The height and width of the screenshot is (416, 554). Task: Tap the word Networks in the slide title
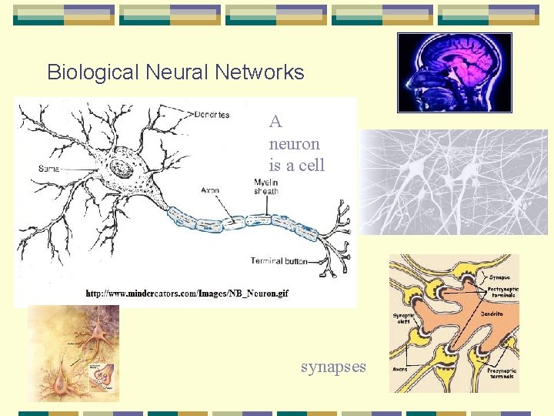point(259,72)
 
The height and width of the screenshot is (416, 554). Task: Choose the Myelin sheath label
point(267,186)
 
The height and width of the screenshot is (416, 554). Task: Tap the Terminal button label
point(279,261)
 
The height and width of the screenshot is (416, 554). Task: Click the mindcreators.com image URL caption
point(187,294)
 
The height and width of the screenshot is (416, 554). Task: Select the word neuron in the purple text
point(294,143)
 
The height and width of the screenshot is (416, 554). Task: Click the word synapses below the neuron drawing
point(333,367)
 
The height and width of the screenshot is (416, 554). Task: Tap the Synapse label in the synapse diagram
point(499,277)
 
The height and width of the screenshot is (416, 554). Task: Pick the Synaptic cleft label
point(404,317)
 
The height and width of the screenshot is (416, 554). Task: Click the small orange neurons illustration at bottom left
point(74,353)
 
